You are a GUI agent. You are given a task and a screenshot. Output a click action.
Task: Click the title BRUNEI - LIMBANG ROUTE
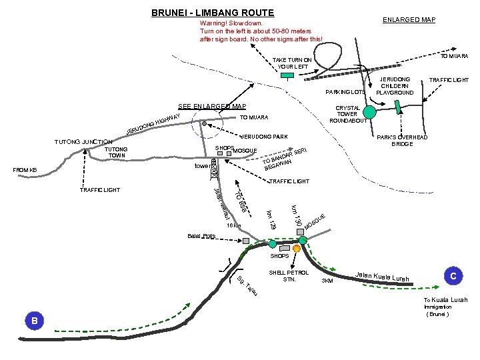[203, 13]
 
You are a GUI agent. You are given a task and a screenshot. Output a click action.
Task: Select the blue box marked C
[453, 275]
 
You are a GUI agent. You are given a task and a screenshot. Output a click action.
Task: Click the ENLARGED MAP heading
[409, 20]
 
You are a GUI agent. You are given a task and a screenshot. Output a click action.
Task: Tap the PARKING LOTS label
[345, 91]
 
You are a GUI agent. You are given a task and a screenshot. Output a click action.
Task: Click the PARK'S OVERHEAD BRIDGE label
[403, 141]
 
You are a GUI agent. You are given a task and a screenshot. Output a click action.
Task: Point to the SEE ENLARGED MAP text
[212, 107]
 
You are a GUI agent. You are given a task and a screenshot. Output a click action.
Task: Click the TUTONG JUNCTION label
[82, 142]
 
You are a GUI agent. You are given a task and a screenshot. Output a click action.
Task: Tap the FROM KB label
[25, 170]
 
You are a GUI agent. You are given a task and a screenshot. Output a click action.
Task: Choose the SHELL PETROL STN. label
[289, 276]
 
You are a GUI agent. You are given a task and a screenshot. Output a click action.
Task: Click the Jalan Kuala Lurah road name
[383, 277]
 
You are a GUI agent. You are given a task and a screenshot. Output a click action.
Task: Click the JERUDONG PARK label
[264, 137]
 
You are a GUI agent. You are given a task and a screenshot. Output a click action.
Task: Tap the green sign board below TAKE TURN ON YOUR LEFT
[287, 75]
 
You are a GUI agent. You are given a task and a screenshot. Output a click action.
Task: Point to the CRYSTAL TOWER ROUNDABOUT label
[348, 114]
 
